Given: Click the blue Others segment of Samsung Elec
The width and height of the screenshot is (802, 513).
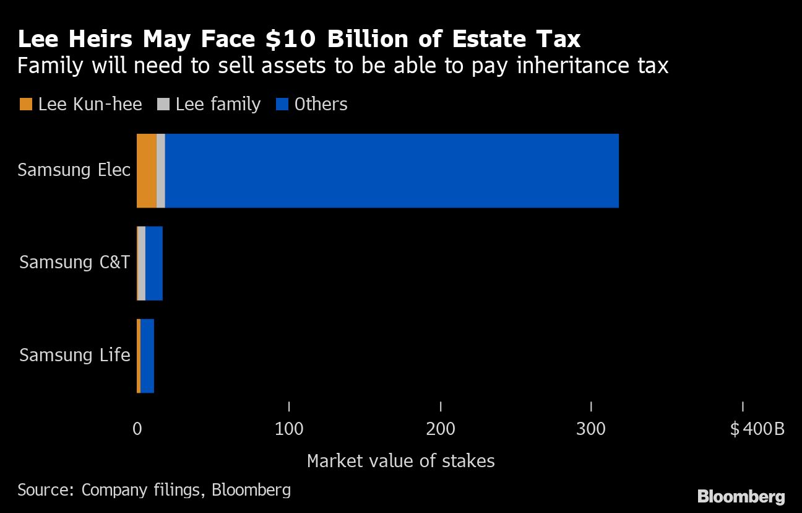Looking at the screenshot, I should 392,170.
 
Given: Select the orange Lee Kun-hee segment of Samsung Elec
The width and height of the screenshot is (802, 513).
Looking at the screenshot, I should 147,170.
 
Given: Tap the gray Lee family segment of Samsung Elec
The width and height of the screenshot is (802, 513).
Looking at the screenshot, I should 161,170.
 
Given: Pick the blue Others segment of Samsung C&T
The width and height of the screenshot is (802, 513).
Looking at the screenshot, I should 154,263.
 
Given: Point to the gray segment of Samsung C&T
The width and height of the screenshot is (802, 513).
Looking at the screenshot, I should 142,263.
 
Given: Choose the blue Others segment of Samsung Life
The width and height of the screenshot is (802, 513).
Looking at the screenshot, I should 147,356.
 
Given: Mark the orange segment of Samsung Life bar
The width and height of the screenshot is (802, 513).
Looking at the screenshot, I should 139,356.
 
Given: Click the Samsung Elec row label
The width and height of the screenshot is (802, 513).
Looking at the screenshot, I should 74,170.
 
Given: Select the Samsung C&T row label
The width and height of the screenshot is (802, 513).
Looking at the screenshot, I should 75,263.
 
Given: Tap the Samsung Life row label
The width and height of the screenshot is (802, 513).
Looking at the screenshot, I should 75,356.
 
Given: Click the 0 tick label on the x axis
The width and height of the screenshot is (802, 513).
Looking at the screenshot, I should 137,429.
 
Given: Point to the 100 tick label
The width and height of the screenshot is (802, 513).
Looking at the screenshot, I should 289,429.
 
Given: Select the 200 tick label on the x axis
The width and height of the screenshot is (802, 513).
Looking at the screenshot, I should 441,429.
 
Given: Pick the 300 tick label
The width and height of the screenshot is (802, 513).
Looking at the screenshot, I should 592,429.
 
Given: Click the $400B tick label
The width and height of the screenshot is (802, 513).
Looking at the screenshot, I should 757,429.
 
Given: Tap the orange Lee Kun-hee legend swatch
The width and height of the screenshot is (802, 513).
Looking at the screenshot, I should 25,105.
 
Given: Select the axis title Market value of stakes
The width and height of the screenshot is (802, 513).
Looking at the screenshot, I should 401,461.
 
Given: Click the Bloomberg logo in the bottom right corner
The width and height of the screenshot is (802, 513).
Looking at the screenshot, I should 741,496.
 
